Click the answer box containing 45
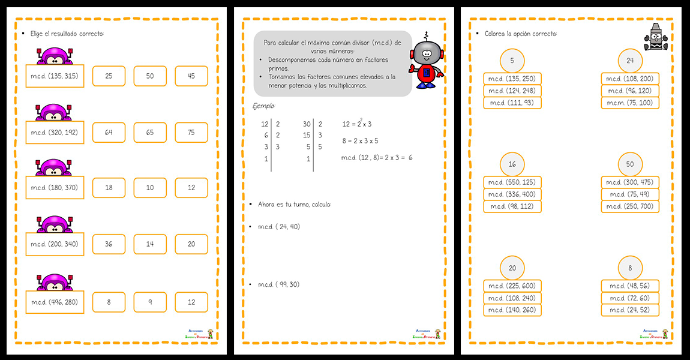pyautogui.click(x=191, y=76)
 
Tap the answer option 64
pyautogui.click(x=109, y=133)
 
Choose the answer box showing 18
pyautogui.click(x=109, y=188)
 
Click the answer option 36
pyautogui.click(x=109, y=244)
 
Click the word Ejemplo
pyautogui.click(x=264, y=106)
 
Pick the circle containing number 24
pyautogui.click(x=630, y=61)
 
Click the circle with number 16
pyautogui.click(x=512, y=164)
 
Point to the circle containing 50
pyautogui.click(x=630, y=164)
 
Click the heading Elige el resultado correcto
pyautogui.click(x=67, y=34)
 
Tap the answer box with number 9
pyautogui.click(x=150, y=302)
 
